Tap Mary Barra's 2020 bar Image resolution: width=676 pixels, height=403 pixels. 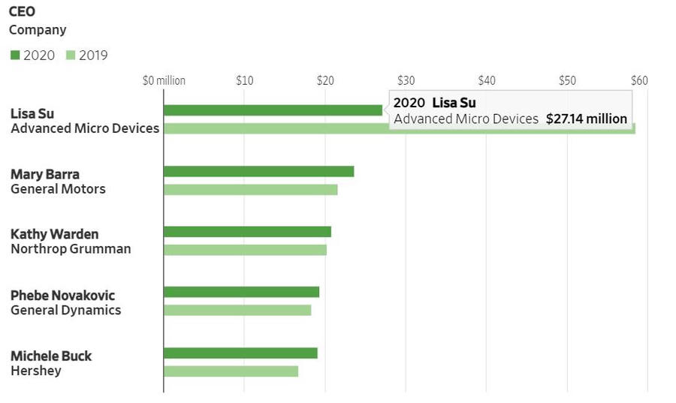pyautogui.click(x=258, y=171)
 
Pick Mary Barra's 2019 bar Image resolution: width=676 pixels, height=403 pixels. pyautogui.click(x=250, y=189)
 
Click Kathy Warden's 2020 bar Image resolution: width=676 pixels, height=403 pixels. pyautogui.click(x=247, y=232)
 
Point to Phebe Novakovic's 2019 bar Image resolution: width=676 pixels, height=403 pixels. pyautogui.click(x=237, y=310)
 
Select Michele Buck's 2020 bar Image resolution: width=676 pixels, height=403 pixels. pyautogui.click(x=240, y=353)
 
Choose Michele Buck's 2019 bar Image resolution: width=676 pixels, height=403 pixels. pyautogui.click(x=231, y=371)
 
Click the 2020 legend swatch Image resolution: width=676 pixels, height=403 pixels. pyautogui.click(x=15, y=56)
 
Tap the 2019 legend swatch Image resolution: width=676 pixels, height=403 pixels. pyautogui.click(x=71, y=56)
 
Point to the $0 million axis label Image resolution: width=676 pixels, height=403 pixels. pyautogui.click(x=164, y=81)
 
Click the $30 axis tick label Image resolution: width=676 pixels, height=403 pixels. pyautogui.click(x=406, y=81)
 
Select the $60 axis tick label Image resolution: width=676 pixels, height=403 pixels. pyautogui.click(x=639, y=81)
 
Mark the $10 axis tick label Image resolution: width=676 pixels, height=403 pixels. pyautogui.click(x=244, y=81)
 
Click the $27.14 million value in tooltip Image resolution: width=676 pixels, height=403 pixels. pyautogui.click(x=587, y=119)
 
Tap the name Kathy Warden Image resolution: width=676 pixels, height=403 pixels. pyautogui.click(x=54, y=234)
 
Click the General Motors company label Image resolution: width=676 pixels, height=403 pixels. pyautogui.click(x=58, y=189)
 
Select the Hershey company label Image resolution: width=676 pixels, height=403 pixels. pyautogui.click(x=36, y=371)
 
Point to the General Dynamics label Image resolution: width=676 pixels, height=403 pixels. pyautogui.click(x=65, y=310)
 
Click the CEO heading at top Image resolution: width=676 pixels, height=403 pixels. pyautogui.click(x=22, y=12)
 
